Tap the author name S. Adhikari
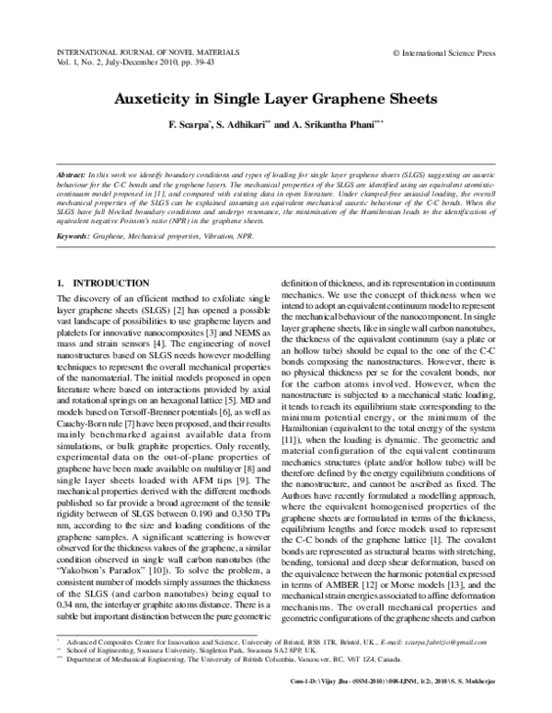point(244,125)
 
